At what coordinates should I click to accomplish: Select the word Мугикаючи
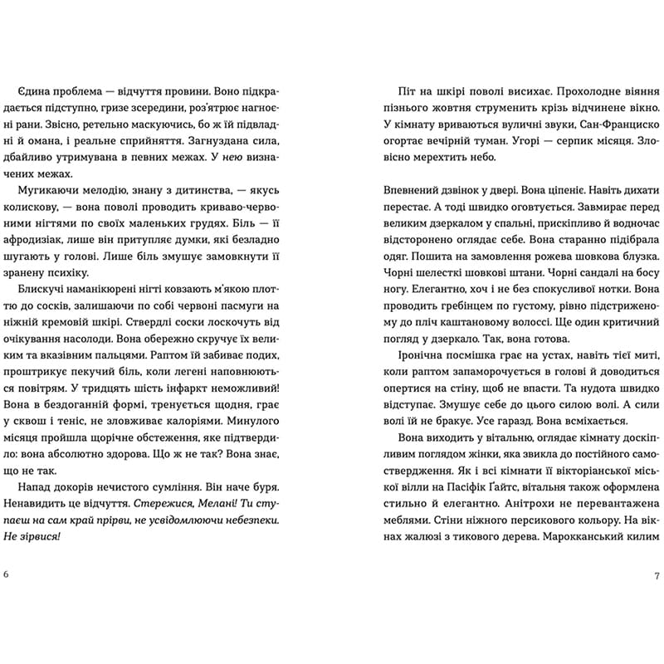42,191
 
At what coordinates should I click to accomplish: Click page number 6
7,575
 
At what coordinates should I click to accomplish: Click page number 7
657,575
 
